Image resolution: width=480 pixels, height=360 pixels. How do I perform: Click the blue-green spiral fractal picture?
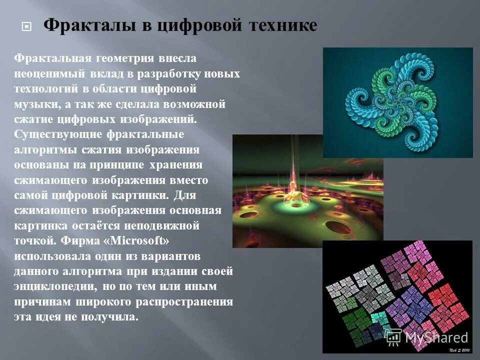pos(397,102)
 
